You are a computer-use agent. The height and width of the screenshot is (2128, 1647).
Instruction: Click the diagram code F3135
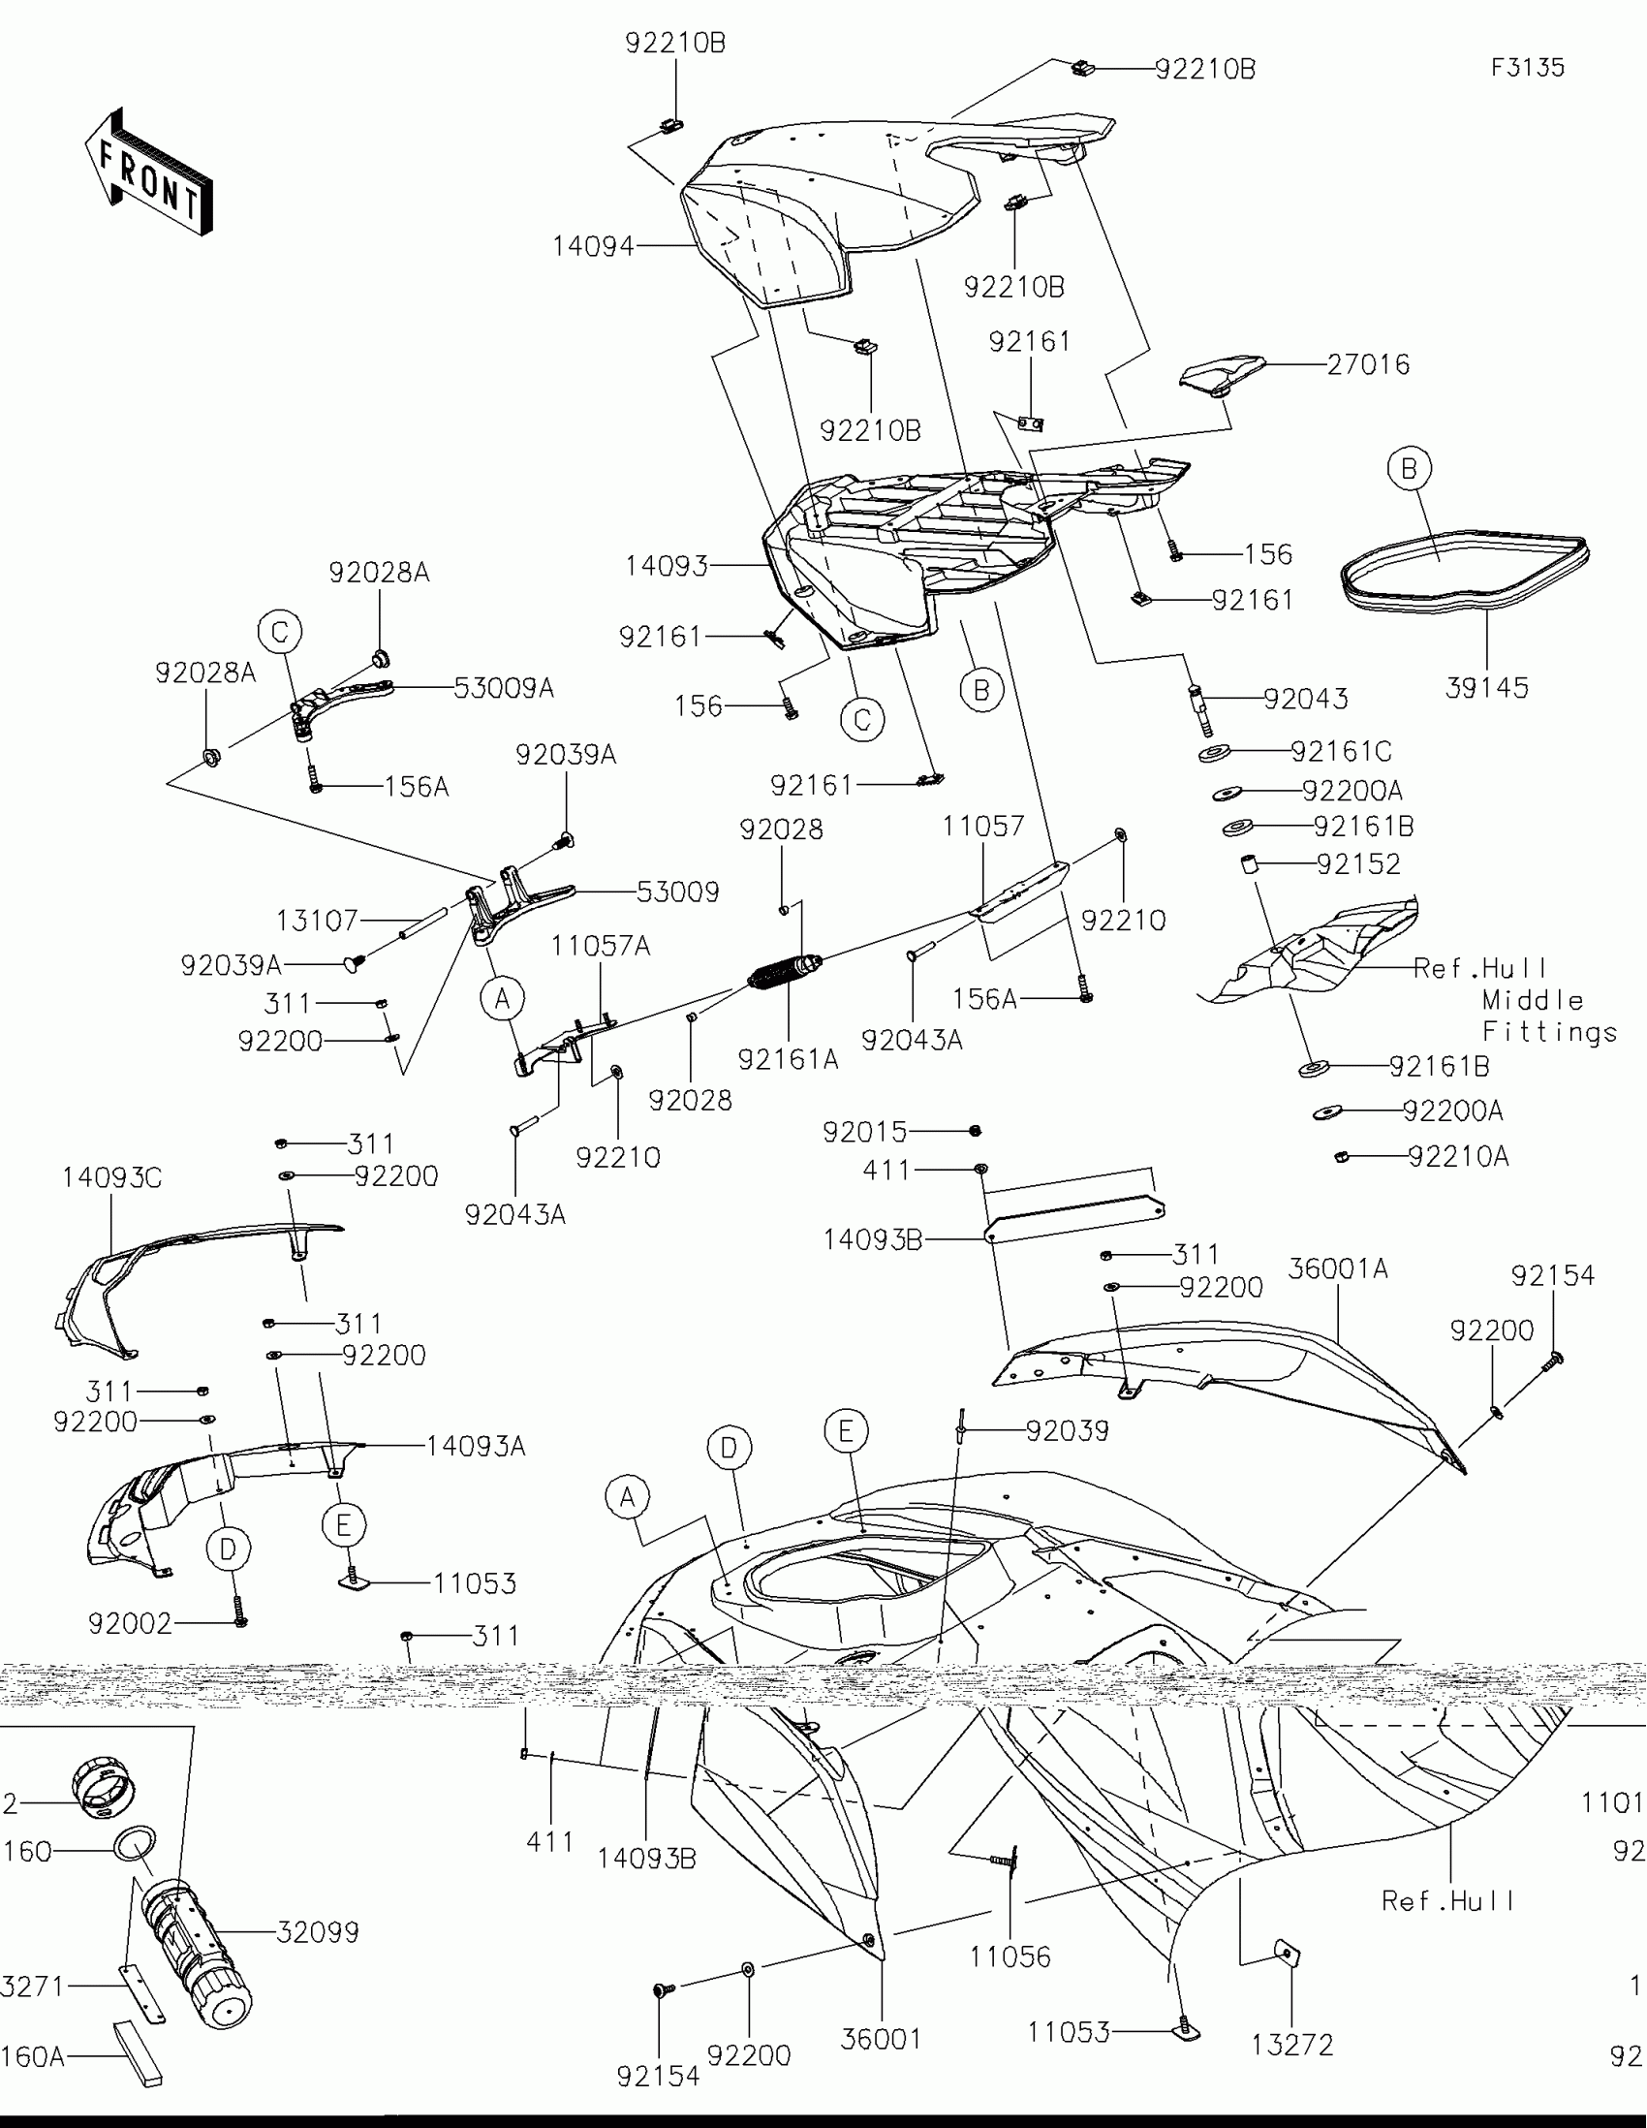point(1527,67)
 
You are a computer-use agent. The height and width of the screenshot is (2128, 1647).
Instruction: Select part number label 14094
point(593,246)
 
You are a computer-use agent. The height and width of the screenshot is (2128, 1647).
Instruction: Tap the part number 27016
point(1367,364)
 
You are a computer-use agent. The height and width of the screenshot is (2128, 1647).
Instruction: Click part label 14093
point(667,565)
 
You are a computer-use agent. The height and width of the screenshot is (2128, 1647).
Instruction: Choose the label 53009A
point(504,688)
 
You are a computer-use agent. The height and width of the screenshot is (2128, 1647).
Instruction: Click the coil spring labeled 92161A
point(785,971)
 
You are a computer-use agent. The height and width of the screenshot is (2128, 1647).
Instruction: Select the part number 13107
point(318,920)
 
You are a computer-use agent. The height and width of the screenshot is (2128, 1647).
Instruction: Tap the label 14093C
point(112,1178)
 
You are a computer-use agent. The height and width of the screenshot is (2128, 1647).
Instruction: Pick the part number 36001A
point(1337,1268)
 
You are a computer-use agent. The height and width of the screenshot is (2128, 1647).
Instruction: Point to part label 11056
point(1010,1956)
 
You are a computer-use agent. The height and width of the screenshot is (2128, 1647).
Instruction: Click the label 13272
point(1291,2045)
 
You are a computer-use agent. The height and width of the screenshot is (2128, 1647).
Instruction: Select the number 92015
point(865,1131)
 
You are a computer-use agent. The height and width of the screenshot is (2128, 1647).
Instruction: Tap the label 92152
point(1357,864)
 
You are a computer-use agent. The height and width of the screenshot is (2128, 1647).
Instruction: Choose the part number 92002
point(130,1623)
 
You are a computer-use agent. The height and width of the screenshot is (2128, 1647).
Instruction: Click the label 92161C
point(1340,751)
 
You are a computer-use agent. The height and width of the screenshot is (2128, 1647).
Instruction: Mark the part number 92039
point(1067,1430)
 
